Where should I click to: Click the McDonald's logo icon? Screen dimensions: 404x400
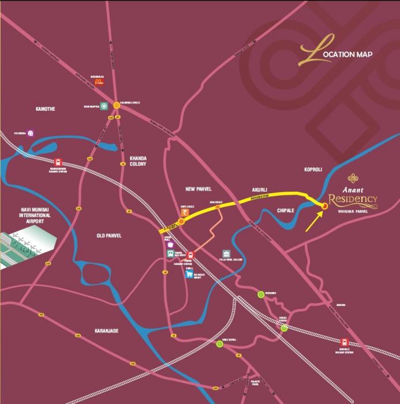99,83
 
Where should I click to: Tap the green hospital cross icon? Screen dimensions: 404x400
104,106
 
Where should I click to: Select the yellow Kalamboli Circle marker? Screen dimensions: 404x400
117,105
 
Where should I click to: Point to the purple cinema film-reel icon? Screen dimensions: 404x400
30,133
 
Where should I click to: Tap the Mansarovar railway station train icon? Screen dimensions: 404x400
58,163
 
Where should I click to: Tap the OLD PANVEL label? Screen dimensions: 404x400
110,235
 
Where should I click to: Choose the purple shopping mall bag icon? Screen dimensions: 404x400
170,245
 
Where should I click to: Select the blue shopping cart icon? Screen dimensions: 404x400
189,275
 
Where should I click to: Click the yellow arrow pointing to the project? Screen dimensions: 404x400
314,220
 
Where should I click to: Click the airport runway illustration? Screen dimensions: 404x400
23,248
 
